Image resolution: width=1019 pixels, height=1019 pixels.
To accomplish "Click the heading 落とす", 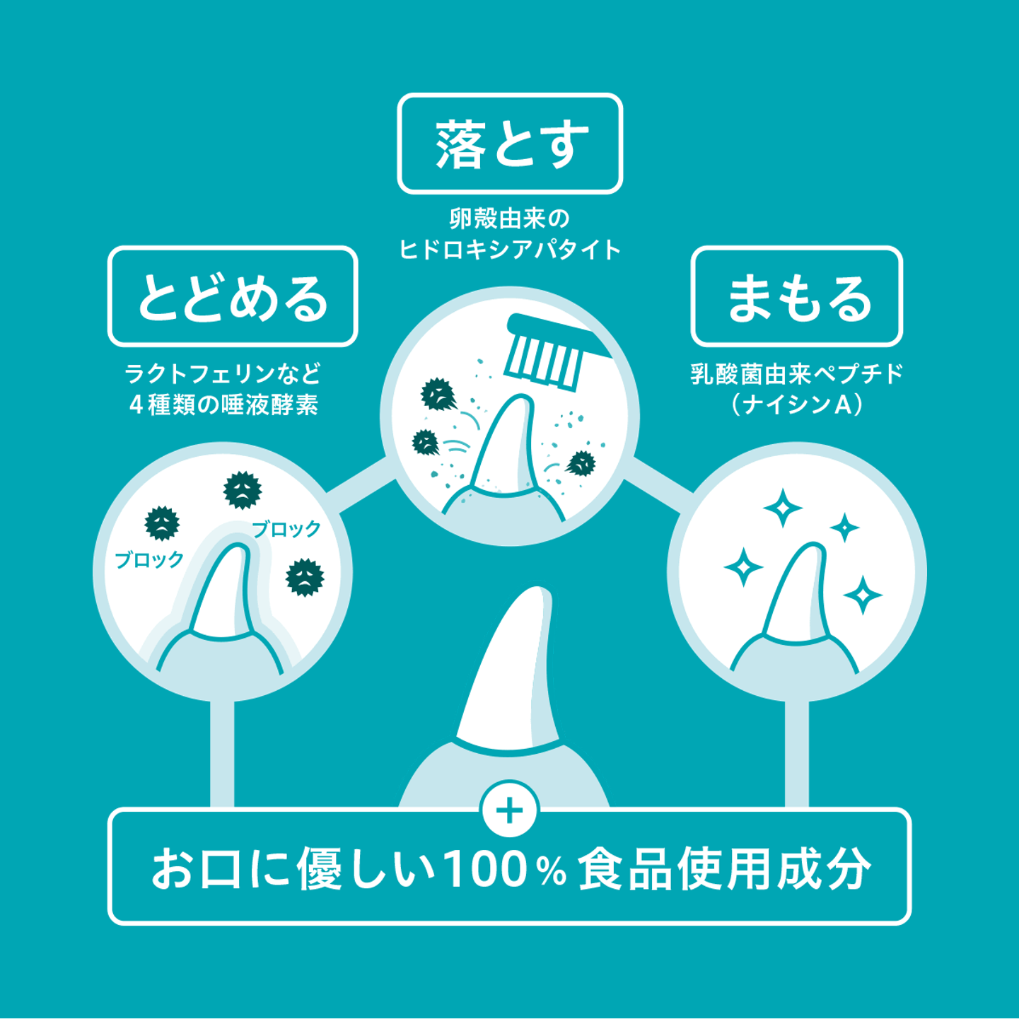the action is coord(511,144).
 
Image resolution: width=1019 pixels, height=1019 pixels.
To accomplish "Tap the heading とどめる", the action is coord(233,297).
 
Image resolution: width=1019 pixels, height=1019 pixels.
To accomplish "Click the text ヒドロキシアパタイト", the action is coord(510,250).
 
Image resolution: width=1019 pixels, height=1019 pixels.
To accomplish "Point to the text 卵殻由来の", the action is coord(510,219).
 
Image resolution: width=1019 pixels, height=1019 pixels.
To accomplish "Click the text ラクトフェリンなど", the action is coord(223,374).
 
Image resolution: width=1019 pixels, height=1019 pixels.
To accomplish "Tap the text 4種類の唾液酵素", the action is coord(223,406).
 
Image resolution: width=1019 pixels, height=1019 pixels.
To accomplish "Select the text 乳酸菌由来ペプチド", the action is coord(797,374).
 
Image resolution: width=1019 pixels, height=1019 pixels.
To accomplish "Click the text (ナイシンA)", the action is coord(797,406).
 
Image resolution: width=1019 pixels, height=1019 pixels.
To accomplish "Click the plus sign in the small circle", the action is coord(510,810).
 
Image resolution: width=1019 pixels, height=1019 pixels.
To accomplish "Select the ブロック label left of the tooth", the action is coord(149,559).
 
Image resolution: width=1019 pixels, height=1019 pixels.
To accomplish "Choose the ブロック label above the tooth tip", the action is coord(286,529).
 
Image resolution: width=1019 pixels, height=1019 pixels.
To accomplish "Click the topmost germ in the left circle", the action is coord(242,489).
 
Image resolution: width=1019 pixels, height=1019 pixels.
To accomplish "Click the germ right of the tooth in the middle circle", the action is coord(581,464).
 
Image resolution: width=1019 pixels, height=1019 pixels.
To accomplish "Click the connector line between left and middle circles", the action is coord(361,485).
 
